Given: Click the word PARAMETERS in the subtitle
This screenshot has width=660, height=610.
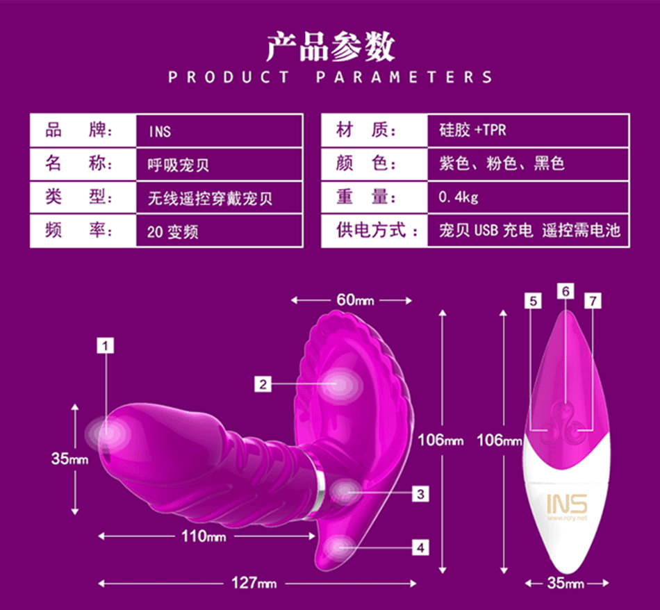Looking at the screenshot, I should tap(404, 77).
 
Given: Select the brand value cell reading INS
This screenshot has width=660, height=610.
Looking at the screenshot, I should tap(160, 131).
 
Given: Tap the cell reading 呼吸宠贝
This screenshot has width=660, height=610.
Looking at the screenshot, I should tap(179, 165).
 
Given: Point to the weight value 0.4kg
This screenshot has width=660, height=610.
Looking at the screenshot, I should tap(459, 198).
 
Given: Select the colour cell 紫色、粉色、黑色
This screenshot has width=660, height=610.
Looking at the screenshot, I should tap(501, 165).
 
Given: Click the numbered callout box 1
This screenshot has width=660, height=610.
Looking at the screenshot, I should tap(106, 345).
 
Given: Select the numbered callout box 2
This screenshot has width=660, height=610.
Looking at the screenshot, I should tap(263, 383).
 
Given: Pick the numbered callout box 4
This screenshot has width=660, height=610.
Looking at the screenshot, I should tap(420, 547).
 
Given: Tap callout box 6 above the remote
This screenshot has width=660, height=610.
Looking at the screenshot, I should tap(566, 291).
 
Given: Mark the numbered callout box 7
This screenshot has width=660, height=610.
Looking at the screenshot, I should tap(593, 300).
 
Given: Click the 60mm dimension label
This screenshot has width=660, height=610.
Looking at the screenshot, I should tap(355, 300).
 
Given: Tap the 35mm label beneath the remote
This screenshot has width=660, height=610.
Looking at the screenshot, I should tap(566, 584).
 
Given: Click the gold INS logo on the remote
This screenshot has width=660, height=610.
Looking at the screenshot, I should tap(566, 503).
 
